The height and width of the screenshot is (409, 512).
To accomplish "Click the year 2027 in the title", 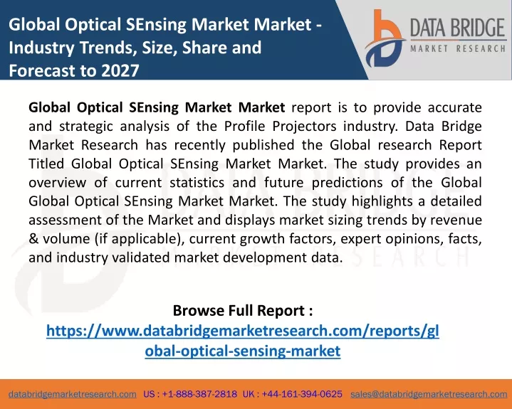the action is pos(120,70).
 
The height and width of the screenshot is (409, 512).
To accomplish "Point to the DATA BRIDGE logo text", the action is pos(458,28).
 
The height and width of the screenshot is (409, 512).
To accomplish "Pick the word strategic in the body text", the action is pos(86,127).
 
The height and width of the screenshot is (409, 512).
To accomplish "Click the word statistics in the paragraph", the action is pos(197,182).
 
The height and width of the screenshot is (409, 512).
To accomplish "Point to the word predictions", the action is pos(347,183).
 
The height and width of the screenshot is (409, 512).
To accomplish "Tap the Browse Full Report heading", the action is pos(243,310).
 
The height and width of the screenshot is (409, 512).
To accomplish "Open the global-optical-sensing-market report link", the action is pos(243,341).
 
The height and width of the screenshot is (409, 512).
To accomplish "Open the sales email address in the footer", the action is pos(429,394).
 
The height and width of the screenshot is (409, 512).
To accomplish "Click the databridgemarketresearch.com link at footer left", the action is pos(73,394).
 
